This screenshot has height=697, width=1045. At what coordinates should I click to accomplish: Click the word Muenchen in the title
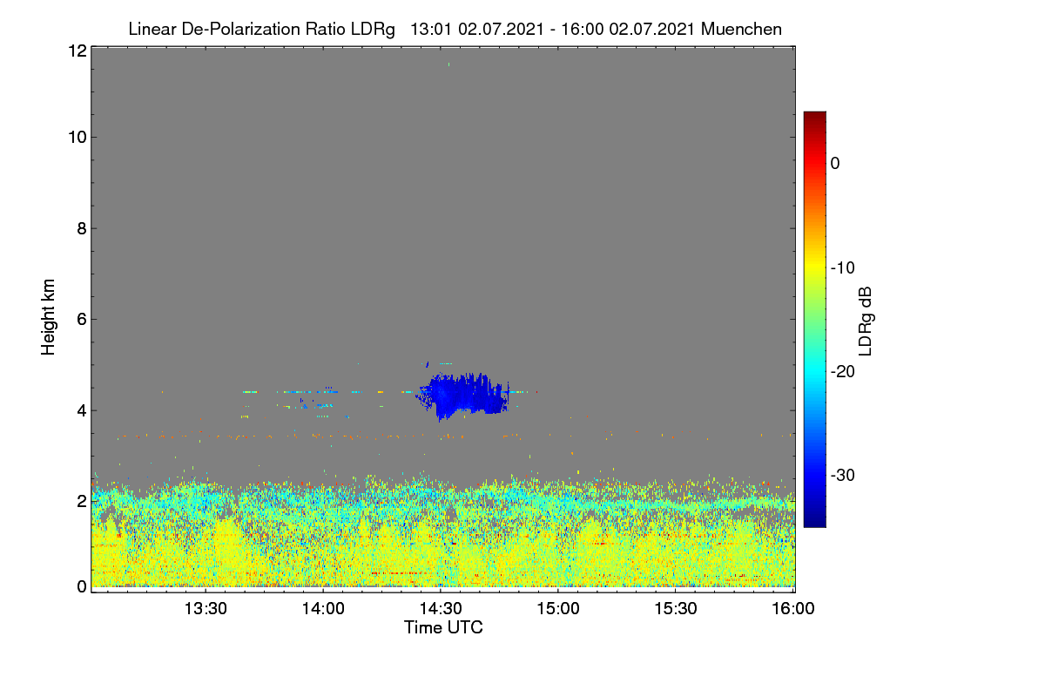741,29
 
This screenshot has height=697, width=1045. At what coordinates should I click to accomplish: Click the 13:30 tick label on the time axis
206,608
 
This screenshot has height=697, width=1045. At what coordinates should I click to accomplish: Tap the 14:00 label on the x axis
323,608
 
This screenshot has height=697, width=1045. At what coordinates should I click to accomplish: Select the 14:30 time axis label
441,608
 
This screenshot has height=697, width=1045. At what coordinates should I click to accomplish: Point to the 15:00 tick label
558,608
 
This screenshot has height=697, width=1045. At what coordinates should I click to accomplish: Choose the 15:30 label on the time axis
676,608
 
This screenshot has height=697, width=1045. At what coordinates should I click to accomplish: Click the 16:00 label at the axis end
793,608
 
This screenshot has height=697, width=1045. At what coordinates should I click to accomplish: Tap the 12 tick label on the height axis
78,51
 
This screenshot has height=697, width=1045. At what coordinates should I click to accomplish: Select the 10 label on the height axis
78,138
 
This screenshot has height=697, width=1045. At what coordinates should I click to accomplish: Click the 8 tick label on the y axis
82,228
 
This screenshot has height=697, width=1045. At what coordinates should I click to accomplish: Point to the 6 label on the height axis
82,320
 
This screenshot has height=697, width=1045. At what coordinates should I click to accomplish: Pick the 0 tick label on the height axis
82,586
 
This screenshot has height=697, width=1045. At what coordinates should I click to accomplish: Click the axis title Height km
48,317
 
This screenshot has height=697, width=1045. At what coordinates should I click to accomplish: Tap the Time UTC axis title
443,627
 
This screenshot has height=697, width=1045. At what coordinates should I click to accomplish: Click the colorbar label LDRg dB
866,321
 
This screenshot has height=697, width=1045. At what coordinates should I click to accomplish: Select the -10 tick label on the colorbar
843,268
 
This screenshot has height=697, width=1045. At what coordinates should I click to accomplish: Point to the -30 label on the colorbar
843,475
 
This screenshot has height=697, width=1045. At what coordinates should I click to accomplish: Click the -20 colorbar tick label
843,372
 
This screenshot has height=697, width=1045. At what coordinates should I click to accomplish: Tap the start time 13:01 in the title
431,29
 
